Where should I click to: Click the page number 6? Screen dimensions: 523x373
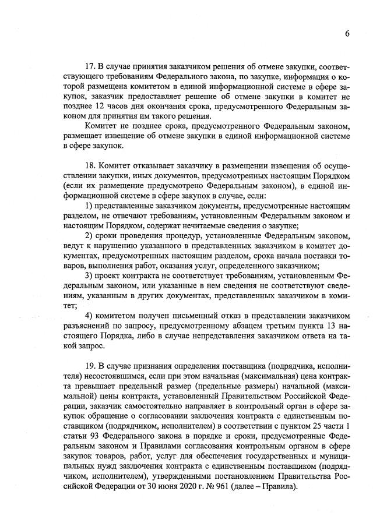(347, 33)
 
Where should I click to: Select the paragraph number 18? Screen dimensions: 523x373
(89, 165)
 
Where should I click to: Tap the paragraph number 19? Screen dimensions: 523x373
(89, 366)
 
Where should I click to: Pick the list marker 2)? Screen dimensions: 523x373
(89, 235)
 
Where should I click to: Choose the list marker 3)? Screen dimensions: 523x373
(89, 275)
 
